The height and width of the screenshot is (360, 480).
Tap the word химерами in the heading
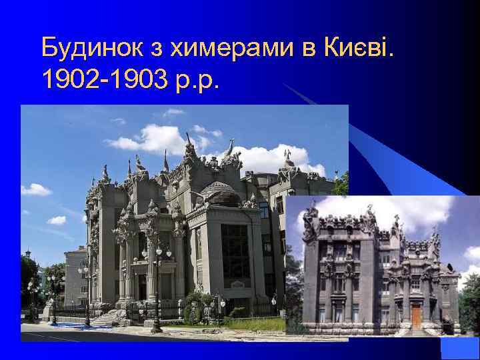click(224, 48)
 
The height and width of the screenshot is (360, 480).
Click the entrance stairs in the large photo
click(107, 318)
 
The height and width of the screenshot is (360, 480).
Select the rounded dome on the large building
click(221, 193)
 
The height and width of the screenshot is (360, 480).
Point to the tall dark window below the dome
click(235, 253)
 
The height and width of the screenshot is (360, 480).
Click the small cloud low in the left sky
click(57, 220)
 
